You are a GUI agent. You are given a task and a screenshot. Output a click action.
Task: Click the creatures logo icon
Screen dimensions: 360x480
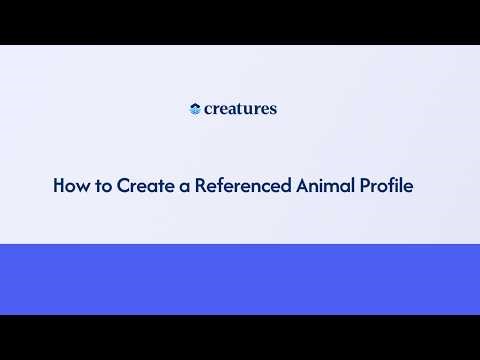(x=195, y=109)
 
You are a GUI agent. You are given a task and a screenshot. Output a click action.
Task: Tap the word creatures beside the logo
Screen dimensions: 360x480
(x=240, y=109)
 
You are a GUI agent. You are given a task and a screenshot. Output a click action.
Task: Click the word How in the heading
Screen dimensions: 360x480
(x=69, y=186)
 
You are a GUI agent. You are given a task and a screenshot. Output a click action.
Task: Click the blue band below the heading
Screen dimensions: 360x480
(x=240, y=279)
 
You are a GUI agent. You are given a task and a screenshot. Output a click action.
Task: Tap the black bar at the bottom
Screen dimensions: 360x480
(x=240, y=337)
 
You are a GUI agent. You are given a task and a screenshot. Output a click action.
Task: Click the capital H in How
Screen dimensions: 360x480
(x=59, y=186)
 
